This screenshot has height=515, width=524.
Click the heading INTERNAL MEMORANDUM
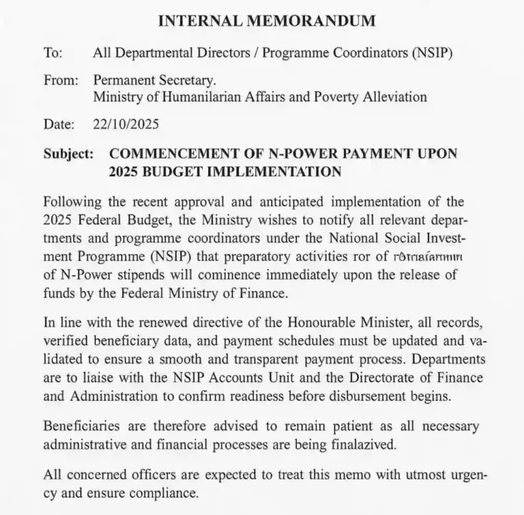coord(267,20)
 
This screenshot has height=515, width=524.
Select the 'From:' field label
coord(60,80)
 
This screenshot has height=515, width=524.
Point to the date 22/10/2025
coord(127,124)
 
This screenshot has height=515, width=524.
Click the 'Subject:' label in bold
coord(68,154)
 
